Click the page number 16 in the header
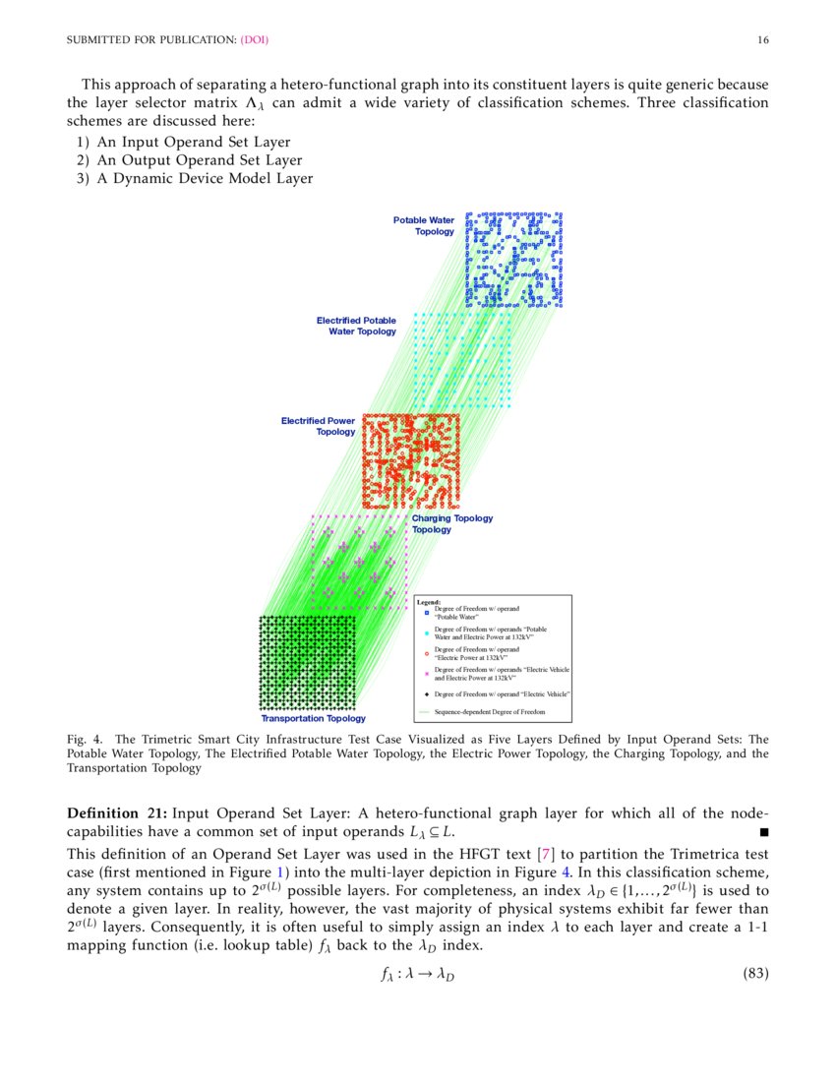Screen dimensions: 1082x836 point(763,40)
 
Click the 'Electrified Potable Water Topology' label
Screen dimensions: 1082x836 point(356,326)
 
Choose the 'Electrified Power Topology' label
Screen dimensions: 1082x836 point(318,426)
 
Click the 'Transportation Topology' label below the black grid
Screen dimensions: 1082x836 point(313,718)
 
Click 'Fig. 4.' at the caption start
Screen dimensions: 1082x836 point(84,738)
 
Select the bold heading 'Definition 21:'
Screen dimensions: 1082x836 point(117,812)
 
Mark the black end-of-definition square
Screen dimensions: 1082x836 point(764,832)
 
